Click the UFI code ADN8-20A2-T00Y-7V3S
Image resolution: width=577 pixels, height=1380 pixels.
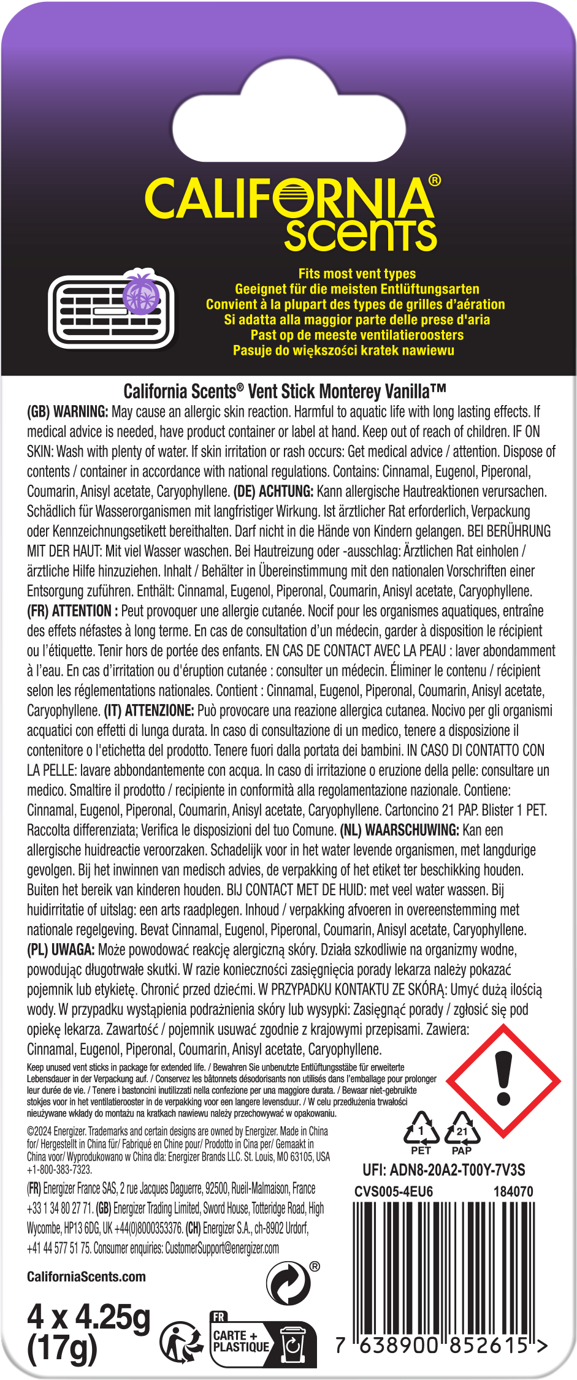[x=443, y=1170]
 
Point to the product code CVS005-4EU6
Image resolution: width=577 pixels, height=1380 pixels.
[x=394, y=1191]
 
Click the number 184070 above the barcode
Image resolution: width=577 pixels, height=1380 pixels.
[x=513, y=1191]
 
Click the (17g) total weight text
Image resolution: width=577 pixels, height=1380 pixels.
[x=62, y=1348]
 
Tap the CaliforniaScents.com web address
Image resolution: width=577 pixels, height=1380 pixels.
[x=86, y=1276]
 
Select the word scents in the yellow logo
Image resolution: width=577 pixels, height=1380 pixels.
[x=361, y=235]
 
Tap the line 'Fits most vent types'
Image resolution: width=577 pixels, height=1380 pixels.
[x=357, y=274]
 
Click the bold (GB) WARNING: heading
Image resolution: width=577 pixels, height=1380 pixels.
[x=67, y=412]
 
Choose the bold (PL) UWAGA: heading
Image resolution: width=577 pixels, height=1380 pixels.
[x=61, y=950]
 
